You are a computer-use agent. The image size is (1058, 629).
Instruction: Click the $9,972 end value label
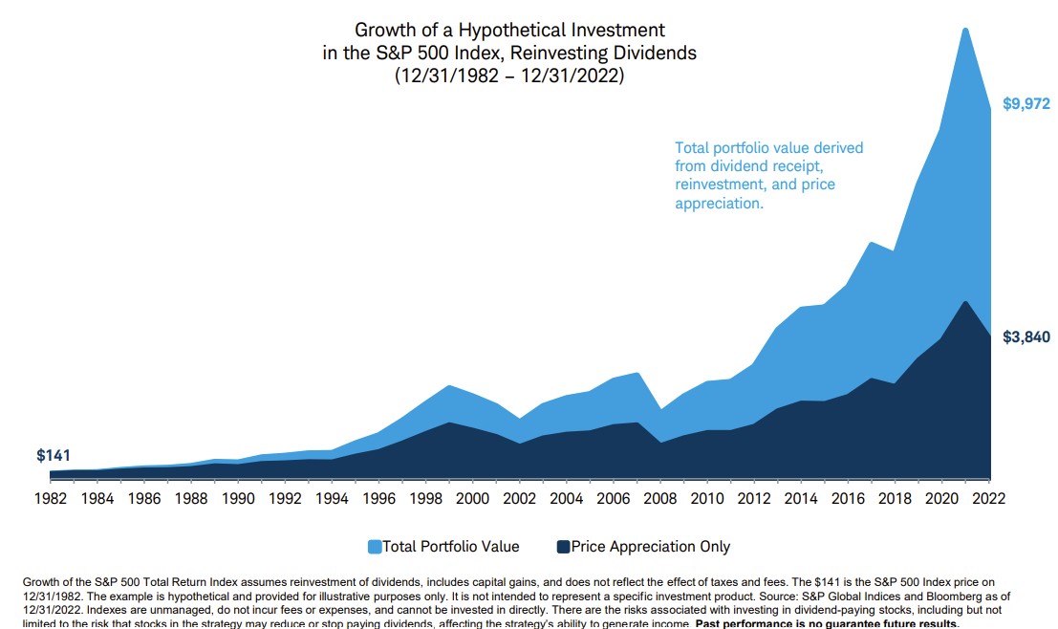click(x=1026, y=104)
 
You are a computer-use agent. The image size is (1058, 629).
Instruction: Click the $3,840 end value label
click(x=1026, y=336)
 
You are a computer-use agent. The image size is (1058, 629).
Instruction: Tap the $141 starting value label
click(x=54, y=456)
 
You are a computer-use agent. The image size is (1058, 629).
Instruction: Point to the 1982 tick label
click(x=50, y=498)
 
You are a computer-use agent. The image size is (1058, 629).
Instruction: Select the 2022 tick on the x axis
click(x=989, y=498)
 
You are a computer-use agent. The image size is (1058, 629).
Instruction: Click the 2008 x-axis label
click(x=660, y=498)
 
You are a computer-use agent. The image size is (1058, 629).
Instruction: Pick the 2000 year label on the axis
click(x=472, y=498)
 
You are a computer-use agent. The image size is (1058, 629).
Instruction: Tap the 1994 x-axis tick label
click(x=332, y=498)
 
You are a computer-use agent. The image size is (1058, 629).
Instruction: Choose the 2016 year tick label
click(x=848, y=498)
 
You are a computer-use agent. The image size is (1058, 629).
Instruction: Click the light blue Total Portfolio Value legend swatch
click(x=375, y=547)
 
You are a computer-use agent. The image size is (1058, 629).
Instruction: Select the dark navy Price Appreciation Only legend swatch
click(x=564, y=547)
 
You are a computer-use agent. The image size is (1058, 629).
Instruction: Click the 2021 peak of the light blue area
click(x=965, y=29)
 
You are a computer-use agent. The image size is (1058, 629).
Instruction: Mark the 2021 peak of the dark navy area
click(x=966, y=302)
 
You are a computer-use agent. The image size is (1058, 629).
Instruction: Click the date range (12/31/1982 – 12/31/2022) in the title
click(x=509, y=76)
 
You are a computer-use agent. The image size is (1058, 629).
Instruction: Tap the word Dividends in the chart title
click(x=658, y=54)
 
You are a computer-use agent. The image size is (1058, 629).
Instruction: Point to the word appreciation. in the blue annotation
click(x=719, y=204)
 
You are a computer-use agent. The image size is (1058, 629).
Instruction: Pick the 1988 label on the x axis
click(x=190, y=498)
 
